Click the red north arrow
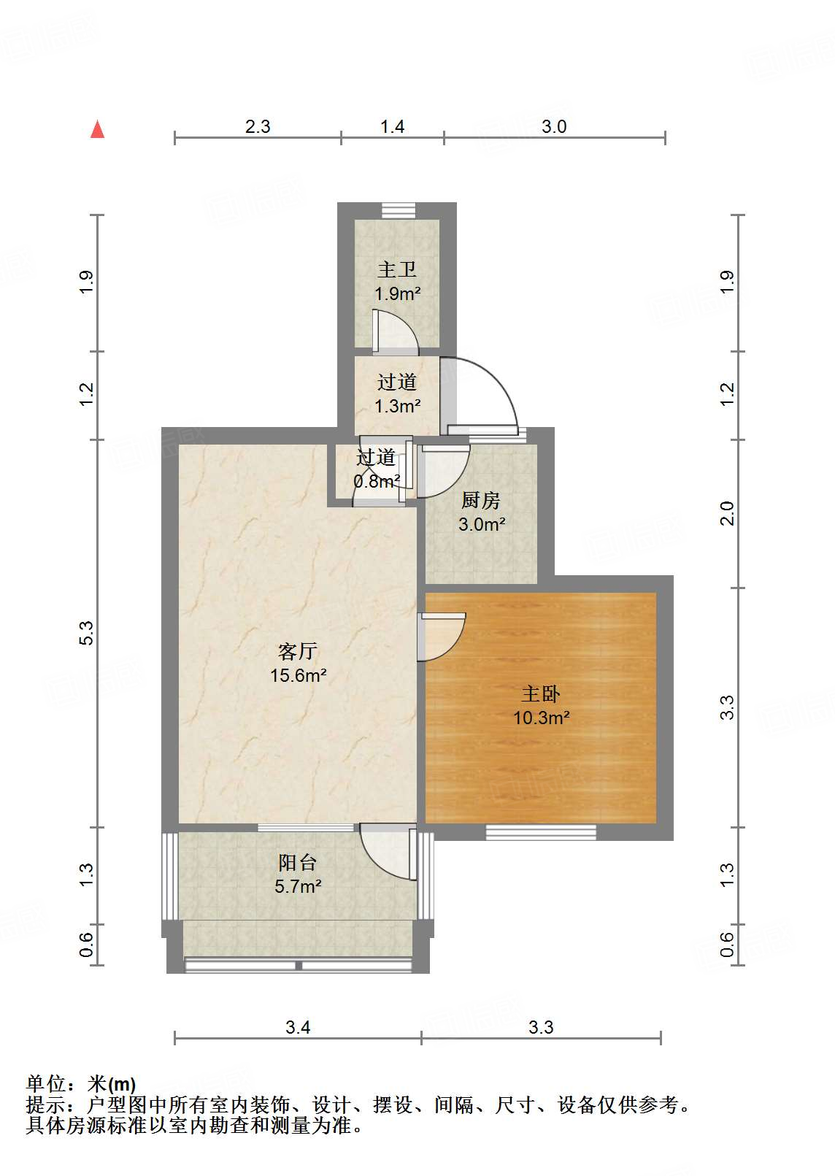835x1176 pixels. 97,129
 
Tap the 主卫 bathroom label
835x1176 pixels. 397,270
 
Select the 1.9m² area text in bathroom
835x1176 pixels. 397,294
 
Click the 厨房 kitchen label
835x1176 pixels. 481,501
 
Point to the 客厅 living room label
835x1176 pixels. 298,651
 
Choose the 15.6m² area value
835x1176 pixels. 298,676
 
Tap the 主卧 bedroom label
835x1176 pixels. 541,693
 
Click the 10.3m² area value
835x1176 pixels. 541,718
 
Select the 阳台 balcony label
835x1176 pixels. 298,863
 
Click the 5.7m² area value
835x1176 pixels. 298,887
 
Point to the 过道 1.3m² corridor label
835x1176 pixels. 397,382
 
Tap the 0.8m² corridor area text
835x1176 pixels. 377,482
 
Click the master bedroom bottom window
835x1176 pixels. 541,831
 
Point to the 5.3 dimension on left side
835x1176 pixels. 86,632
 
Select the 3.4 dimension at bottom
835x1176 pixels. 298,1028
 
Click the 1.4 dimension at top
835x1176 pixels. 392,127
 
